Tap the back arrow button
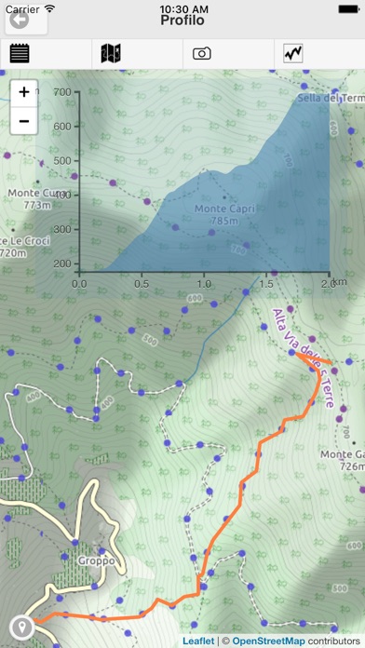(18, 18)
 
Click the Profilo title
(182, 20)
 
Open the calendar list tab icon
(20, 53)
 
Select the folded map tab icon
(111, 53)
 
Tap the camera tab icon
(202, 53)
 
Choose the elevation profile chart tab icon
(293, 53)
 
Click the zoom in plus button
(23, 92)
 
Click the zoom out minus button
(23, 121)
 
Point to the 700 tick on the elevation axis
(63, 92)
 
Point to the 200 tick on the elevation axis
(63, 263)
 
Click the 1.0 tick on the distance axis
(204, 283)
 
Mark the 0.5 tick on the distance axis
(142, 283)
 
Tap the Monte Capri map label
(224, 215)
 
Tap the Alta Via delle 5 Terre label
(304, 358)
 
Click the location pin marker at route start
(20, 627)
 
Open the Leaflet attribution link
(197, 641)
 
